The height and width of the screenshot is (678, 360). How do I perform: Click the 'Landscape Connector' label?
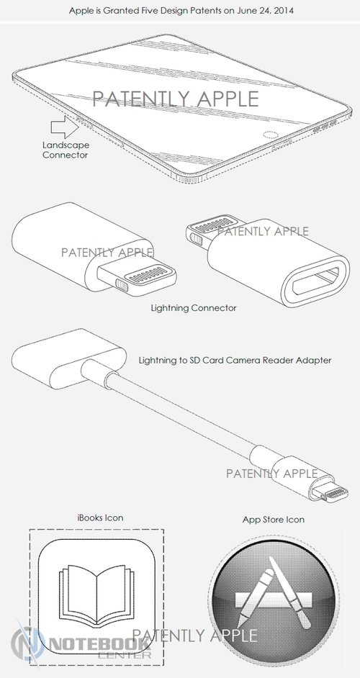[66, 150]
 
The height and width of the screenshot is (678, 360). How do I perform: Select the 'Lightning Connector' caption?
[194, 308]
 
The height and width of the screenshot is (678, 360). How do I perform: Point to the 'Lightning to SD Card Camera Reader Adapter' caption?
[235, 360]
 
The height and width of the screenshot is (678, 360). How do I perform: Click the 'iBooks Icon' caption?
[100, 517]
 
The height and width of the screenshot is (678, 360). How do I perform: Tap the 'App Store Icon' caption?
[273, 520]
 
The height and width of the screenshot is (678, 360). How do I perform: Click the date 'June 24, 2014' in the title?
[265, 10]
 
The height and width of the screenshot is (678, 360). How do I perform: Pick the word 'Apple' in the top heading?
[80, 10]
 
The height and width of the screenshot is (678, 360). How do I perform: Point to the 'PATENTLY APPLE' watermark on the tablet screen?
[176, 99]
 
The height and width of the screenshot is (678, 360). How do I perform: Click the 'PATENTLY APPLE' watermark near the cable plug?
[271, 474]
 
